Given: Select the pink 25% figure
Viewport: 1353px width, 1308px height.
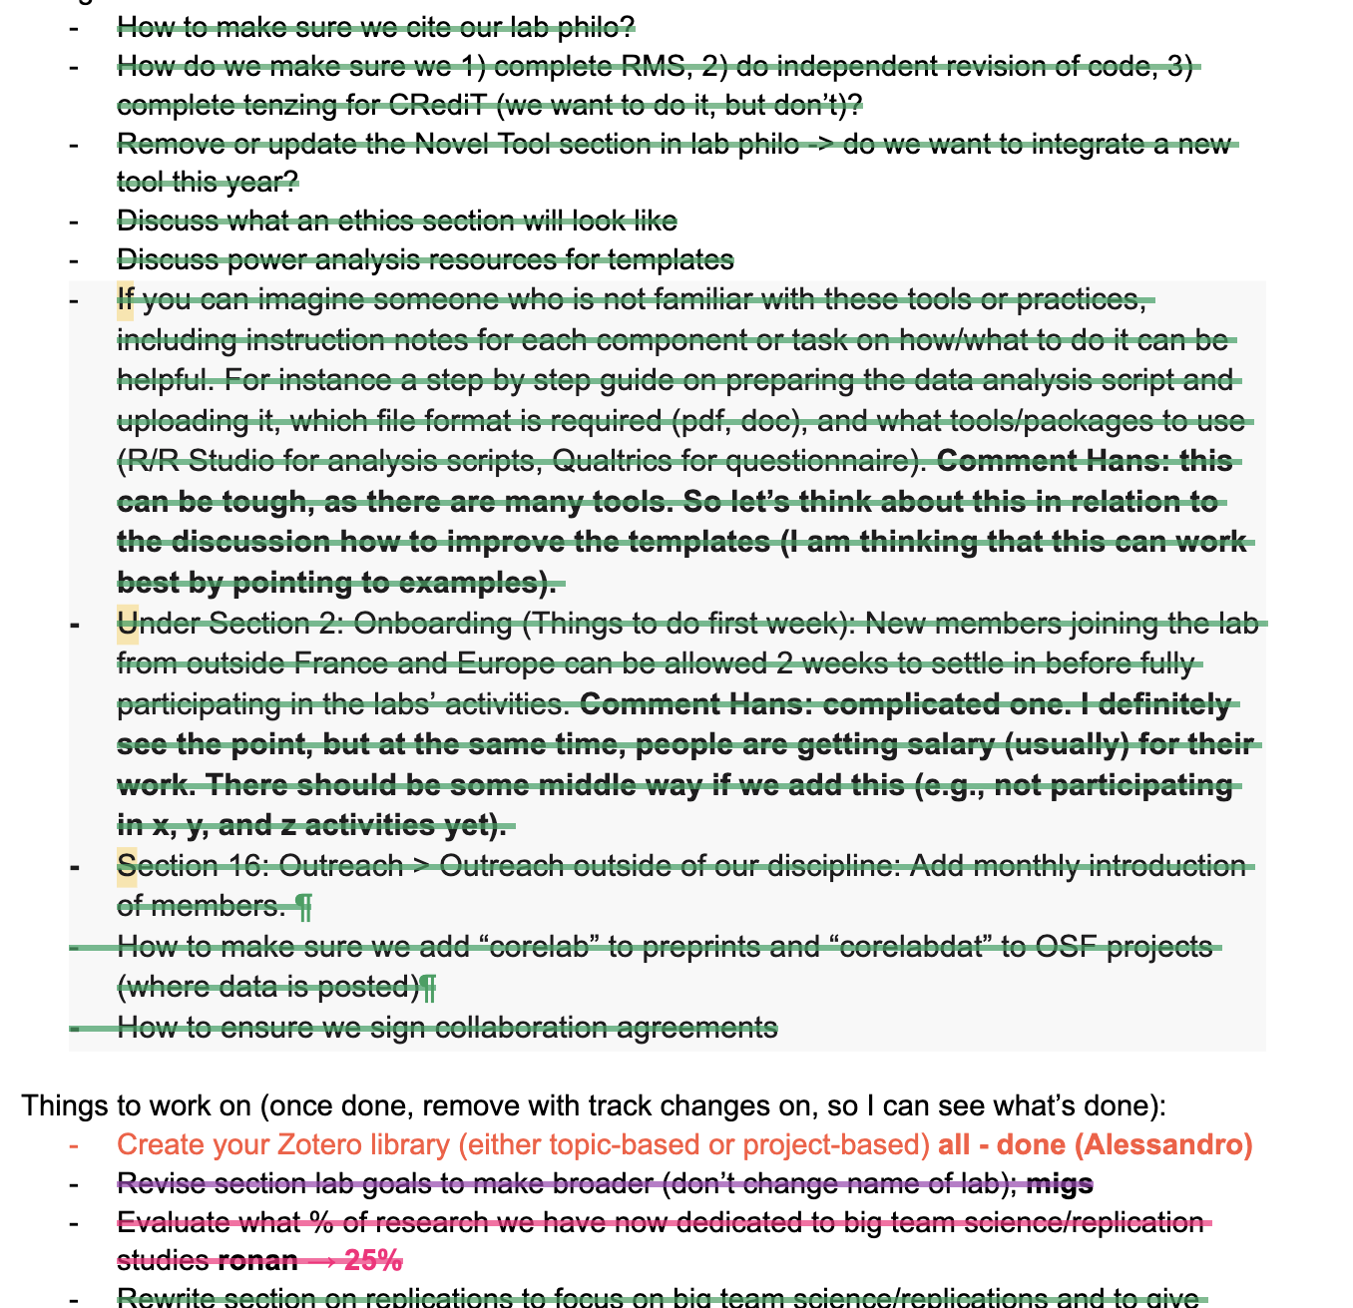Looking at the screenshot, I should coord(373,1261).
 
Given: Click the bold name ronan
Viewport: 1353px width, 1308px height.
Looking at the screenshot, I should coord(257,1261).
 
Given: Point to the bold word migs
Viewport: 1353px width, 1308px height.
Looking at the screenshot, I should coord(1060,1184).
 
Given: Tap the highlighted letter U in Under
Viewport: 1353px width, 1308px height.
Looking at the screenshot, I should coord(127,624).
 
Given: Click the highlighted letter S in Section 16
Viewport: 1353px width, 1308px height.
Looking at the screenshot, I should coord(127,865).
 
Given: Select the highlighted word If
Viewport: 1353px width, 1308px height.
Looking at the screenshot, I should coord(125,299).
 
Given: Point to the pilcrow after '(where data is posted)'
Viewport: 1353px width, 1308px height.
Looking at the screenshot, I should coord(427,988).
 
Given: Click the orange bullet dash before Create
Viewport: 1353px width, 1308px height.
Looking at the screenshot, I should coord(73,1145).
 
